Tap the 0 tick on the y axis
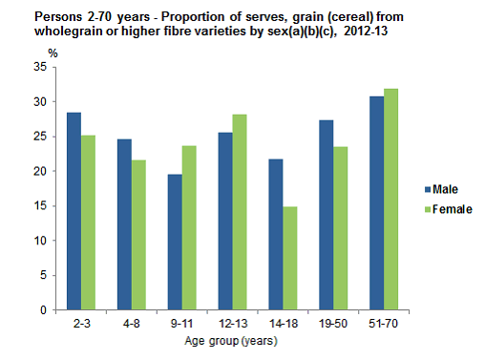pos(41,310)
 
